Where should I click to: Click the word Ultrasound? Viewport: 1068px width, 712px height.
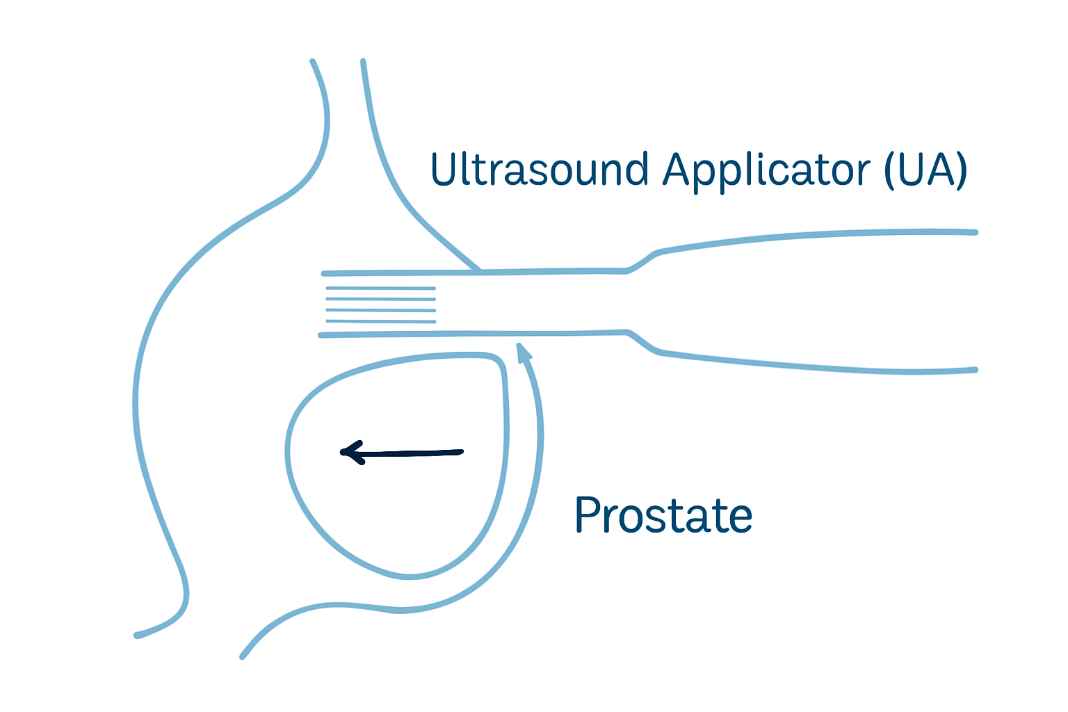(540, 170)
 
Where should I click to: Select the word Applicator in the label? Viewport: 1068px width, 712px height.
(766, 171)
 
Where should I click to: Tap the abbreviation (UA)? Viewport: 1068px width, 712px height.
(925, 170)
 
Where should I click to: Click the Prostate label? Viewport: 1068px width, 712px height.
(663, 515)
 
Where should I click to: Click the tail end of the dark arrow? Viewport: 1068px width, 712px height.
(460, 453)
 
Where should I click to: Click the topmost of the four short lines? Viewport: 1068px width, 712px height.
(381, 288)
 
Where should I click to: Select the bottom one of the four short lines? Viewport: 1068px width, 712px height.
(381, 321)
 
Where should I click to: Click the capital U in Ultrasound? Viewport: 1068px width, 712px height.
(443, 169)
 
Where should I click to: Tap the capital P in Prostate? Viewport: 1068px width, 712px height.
(588, 515)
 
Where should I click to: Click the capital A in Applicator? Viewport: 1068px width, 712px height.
(676, 169)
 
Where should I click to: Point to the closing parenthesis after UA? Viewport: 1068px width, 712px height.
(961, 171)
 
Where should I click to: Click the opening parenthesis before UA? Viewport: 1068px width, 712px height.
(889, 171)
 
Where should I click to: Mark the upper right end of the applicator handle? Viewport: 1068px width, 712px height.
(975, 232)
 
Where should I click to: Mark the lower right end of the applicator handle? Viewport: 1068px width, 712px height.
(975, 370)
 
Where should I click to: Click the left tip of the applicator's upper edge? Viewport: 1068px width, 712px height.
(324, 274)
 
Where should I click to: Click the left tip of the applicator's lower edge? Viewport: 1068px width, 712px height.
(321, 335)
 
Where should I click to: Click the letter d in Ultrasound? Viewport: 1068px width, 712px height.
(636, 170)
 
